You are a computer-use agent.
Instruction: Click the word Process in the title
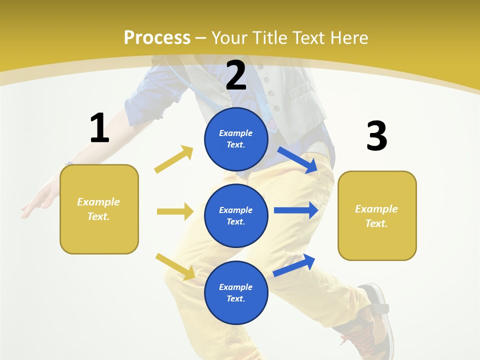tap(157, 38)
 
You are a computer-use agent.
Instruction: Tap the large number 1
tap(99, 128)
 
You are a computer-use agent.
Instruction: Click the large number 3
tap(376, 136)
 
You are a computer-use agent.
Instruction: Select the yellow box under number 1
tap(99, 209)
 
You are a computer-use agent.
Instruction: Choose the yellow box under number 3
tap(377, 216)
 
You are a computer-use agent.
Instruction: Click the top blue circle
tap(236, 139)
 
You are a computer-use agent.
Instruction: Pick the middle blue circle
tap(236, 215)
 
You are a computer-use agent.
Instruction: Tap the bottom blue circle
tap(236, 292)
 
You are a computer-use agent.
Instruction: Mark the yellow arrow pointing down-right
tap(175, 266)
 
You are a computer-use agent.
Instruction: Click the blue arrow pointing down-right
tap(297, 160)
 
